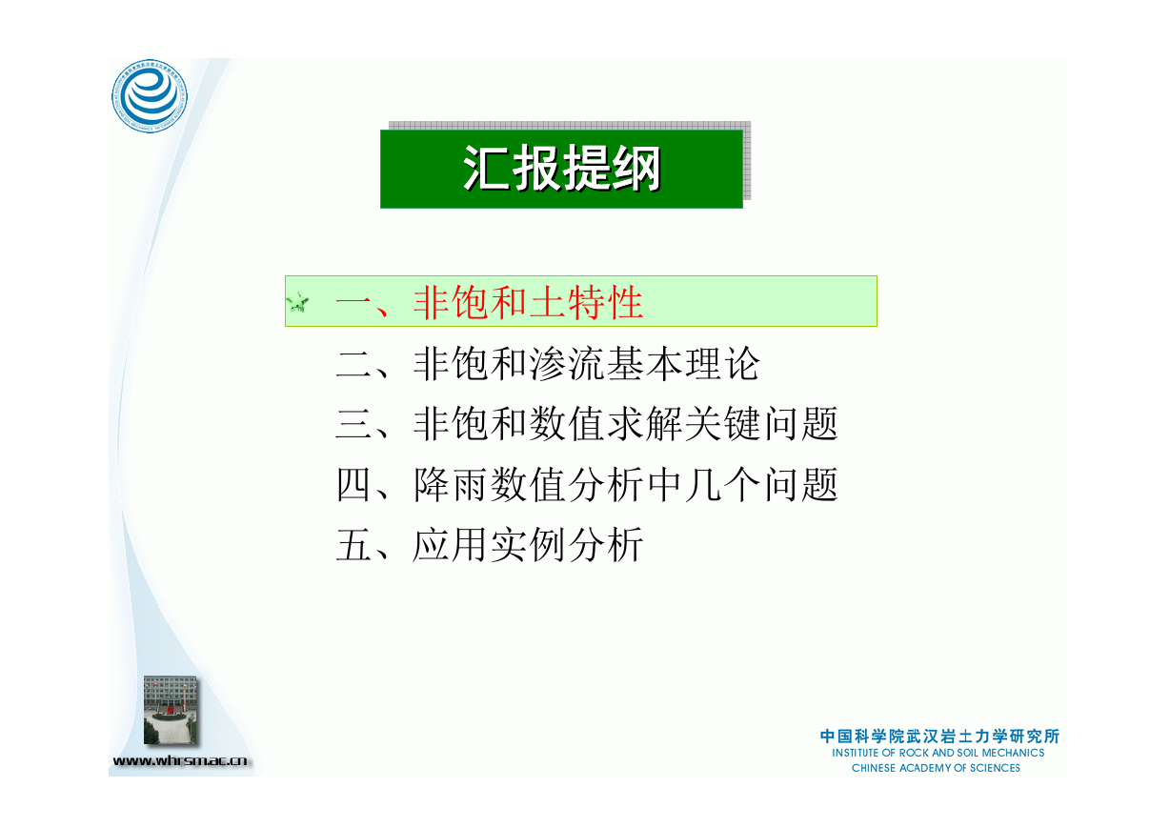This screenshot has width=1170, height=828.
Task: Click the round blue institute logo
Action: pos(150,95)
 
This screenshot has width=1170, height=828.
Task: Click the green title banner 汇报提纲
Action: pos(561,169)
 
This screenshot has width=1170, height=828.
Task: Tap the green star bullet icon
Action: pos(297,302)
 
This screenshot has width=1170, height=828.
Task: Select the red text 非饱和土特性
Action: pos(528,302)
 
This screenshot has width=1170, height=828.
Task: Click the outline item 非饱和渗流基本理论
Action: pos(586,364)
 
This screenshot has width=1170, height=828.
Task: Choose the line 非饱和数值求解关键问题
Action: pos(625,424)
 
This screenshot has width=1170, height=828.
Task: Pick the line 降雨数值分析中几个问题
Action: pos(625,484)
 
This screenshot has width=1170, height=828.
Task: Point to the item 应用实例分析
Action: pos(528,545)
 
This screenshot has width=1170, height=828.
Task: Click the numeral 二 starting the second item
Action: pos(353,364)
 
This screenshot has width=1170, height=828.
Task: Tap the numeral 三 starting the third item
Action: pos(353,424)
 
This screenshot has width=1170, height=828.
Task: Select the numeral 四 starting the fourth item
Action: pos(353,485)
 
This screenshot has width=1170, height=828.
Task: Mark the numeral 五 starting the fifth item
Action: pos(353,545)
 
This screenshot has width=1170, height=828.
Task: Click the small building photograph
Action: pos(171,710)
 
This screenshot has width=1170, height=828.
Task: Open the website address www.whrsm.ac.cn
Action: pos(180,760)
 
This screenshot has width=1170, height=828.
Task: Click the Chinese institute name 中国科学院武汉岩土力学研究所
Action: pos(939,737)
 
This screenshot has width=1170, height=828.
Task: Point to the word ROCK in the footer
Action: pos(914,753)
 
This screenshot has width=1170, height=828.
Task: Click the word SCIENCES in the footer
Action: pos(995,768)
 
